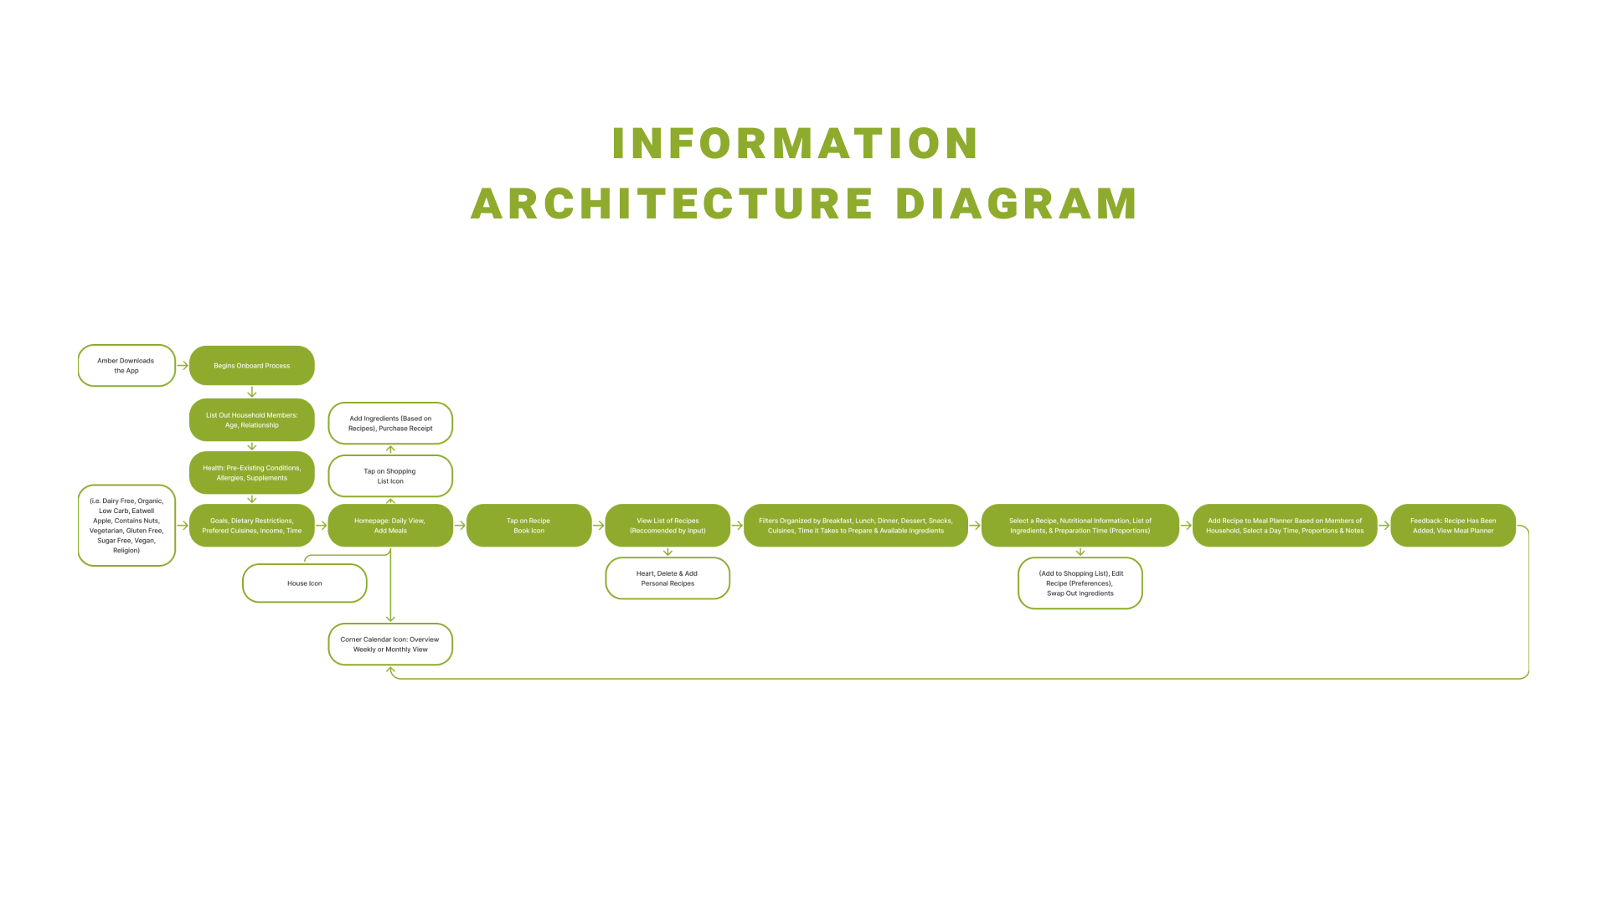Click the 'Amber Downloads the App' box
coord(126,366)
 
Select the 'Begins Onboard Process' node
coord(251,366)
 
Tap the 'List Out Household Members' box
coord(251,420)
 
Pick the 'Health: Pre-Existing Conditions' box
coord(251,473)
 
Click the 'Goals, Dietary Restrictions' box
coord(251,526)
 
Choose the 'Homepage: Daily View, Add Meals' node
coord(390,526)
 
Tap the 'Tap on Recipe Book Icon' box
coord(528,526)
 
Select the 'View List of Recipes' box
coord(667,526)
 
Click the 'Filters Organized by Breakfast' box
coord(855,526)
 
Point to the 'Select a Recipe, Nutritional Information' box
coord(1080,526)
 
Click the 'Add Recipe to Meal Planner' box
coord(1284,526)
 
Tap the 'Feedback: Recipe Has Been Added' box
coord(1452,526)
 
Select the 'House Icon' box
coord(305,583)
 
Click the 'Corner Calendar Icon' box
coord(390,645)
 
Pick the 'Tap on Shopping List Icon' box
coord(390,476)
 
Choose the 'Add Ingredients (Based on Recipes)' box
coord(390,424)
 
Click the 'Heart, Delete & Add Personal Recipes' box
coord(667,578)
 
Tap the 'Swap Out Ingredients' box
coord(1080,583)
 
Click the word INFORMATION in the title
coord(795,143)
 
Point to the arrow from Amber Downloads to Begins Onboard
coord(183,366)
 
